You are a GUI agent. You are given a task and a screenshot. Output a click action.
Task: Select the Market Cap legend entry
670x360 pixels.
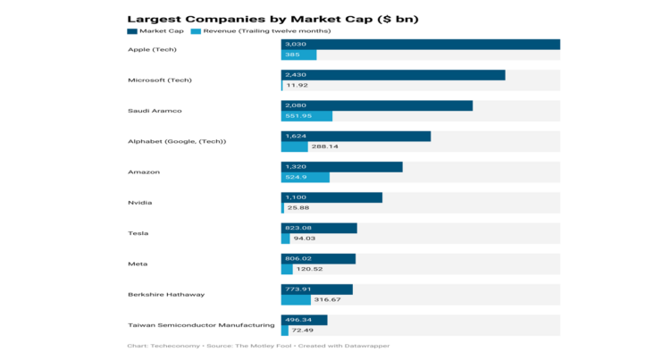point(158,31)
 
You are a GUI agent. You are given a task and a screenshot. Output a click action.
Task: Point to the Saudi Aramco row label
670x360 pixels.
point(155,111)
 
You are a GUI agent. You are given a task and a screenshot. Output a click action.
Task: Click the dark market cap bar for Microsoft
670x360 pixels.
point(393,75)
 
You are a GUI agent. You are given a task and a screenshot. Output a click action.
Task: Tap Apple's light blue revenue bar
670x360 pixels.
point(298,55)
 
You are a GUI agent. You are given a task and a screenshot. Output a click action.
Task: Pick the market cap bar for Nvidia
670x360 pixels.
point(331,197)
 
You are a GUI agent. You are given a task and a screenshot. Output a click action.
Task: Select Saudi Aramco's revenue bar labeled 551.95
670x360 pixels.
point(306,116)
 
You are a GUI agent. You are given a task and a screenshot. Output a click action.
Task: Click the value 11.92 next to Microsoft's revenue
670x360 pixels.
point(298,86)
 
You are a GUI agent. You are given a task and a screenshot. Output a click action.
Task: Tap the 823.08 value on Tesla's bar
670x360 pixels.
point(298,228)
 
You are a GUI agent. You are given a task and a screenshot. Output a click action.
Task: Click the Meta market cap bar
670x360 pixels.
point(318,259)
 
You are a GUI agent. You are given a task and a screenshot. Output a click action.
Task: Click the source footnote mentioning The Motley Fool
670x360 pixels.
point(259,346)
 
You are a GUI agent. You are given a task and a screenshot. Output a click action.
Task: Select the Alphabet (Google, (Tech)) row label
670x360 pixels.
point(177,141)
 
